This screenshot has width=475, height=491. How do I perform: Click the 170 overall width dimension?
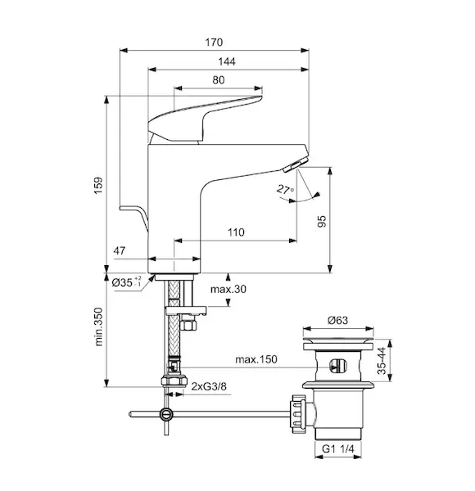pyautogui.click(x=214, y=42)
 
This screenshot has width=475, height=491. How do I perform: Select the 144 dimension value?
pyautogui.click(x=227, y=61)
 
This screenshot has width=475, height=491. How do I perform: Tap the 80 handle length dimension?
pyautogui.click(x=219, y=80)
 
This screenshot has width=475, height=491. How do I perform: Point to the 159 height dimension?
pyautogui.click(x=99, y=186)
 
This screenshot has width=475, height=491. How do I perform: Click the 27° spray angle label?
pyautogui.click(x=285, y=190)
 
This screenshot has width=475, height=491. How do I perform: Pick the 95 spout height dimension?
pyautogui.click(x=322, y=221)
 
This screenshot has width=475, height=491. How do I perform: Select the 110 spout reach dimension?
pyautogui.click(x=236, y=232)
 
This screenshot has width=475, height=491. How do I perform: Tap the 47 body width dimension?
pyautogui.click(x=119, y=250)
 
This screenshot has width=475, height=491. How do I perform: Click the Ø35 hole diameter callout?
pyautogui.click(x=127, y=282)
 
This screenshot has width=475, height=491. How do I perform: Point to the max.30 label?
pyautogui.click(x=228, y=289)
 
